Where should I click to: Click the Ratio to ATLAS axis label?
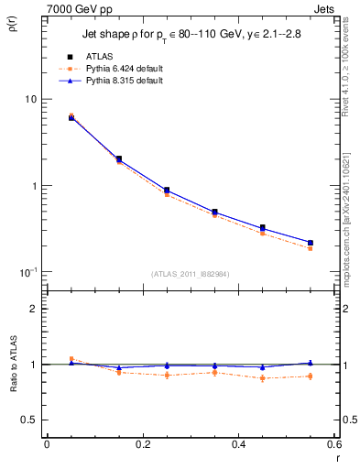click(x=12, y=365)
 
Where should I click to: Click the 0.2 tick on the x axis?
click(x=142, y=444)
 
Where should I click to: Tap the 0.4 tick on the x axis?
click(x=238, y=444)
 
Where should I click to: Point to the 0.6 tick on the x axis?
click(x=334, y=444)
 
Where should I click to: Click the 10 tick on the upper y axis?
click(x=30, y=99)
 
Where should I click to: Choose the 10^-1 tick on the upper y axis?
click(x=27, y=272)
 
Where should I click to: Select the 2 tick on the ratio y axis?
click(x=34, y=309)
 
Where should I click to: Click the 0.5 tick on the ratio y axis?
click(x=30, y=420)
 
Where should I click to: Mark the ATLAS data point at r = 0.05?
click(x=71, y=117)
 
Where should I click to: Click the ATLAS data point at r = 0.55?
click(x=311, y=243)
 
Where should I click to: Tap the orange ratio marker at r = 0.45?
click(x=263, y=377)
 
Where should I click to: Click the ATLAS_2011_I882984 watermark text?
click(x=191, y=274)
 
